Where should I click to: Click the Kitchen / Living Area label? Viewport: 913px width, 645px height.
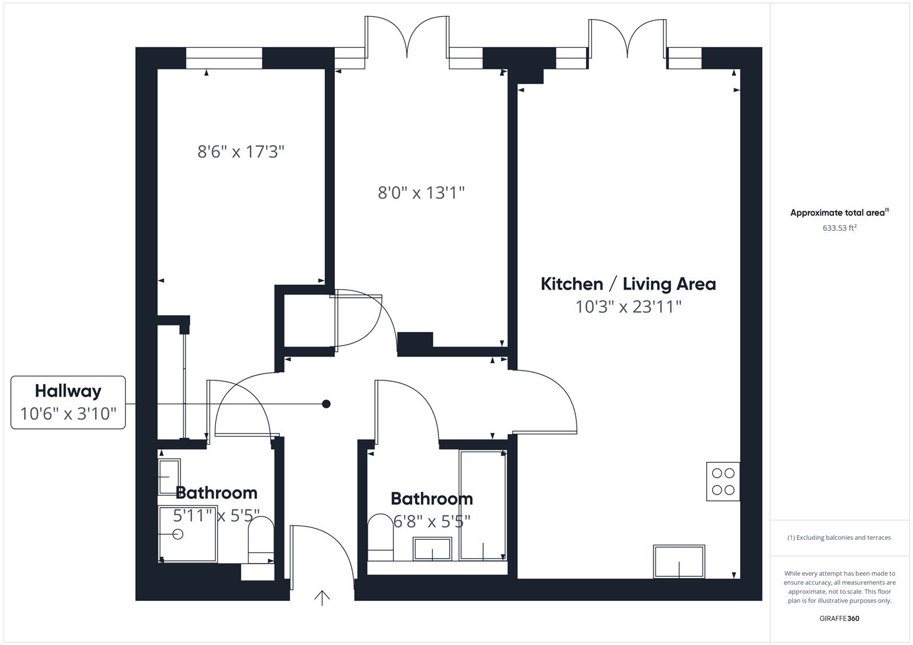pos(628,284)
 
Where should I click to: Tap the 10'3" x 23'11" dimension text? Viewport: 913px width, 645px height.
pos(628,307)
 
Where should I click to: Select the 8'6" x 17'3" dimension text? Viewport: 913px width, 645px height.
pos(240,152)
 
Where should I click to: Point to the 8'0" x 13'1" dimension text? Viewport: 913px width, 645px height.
pos(421,193)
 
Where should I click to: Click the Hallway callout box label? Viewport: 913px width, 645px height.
pos(68,391)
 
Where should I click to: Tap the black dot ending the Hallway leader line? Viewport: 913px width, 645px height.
pos(326,404)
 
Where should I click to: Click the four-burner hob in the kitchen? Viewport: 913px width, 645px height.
pos(723,481)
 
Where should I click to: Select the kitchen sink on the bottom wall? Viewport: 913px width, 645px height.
pos(679,561)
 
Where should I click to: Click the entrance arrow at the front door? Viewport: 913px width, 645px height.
pos(322,597)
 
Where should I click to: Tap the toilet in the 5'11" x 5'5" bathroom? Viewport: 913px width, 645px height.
pos(261,539)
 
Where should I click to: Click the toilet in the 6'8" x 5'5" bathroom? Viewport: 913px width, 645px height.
pos(380,537)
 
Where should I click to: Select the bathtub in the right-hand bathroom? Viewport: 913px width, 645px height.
pos(483,505)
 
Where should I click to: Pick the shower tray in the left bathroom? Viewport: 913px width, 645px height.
pos(188,534)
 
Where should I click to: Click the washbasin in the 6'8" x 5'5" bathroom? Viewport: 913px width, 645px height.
pos(432,548)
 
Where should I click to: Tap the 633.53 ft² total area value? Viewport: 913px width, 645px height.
pos(839,228)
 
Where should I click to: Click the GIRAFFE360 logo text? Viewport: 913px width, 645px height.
pos(839,618)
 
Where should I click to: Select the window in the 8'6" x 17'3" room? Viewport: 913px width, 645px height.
pos(224,58)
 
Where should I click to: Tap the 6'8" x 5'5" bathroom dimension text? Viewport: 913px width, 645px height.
pos(432,521)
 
